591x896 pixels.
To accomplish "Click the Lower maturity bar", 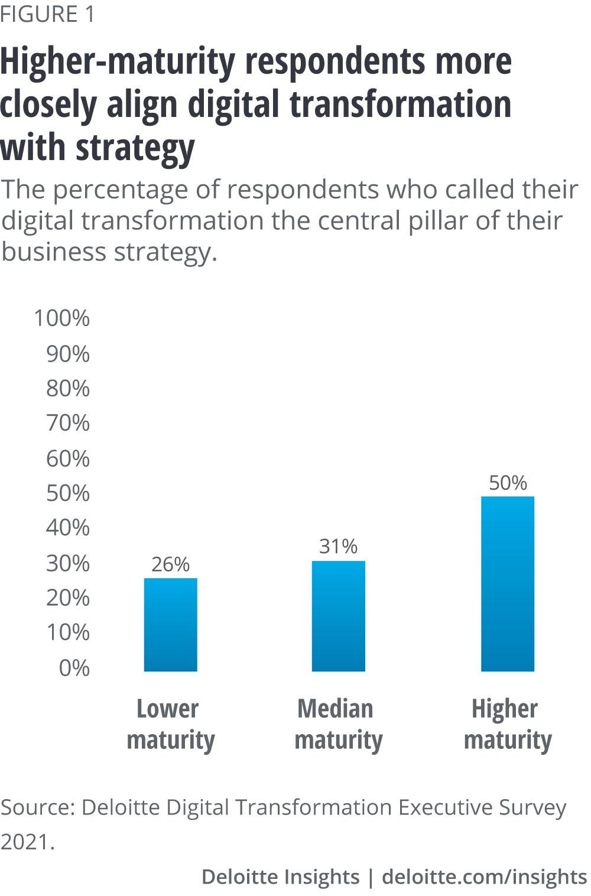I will (x=170, y=624).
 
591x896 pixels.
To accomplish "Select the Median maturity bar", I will (x=338, y=615).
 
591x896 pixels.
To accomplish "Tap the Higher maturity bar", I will (x=507, y=583).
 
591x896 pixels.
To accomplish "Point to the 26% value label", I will (x=170, y=565).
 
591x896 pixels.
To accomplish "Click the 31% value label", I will (x=338, y=546).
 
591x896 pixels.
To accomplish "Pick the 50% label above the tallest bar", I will (x=508, y=483).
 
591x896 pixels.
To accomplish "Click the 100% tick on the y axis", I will (x=62, y=318).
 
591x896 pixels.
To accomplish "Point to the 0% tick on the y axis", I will (x=74, y=668).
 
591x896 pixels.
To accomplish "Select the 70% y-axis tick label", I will (x=68, y=423).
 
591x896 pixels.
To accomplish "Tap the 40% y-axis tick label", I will (x=68, y=527).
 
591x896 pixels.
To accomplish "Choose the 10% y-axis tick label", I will (x=68, y=633).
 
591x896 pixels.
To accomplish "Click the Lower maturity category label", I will (x=170, y=724).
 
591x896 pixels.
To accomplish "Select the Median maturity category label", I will (x=338, y=724).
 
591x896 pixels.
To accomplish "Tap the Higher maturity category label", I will (x=507, y=724).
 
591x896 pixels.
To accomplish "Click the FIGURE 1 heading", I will (x=47, y=15).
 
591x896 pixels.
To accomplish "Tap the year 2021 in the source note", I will (x=27, y=842).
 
